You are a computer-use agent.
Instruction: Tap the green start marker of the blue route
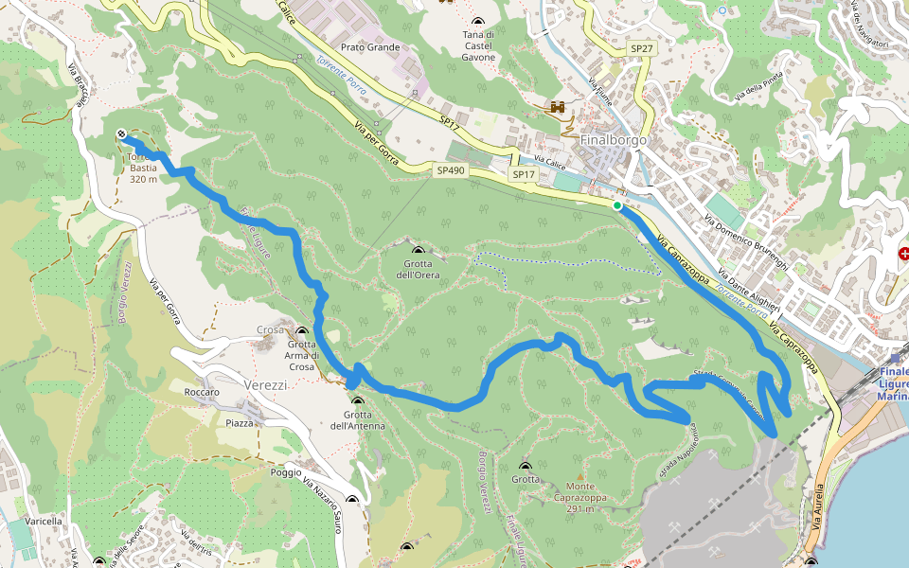[x=617, y=205]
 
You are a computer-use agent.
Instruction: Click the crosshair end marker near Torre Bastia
[x=122, y=133]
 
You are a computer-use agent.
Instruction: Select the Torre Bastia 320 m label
[x=143, y=168]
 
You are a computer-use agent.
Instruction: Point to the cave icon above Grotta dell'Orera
[x=418, y=251]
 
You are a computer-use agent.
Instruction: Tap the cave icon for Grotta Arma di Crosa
[x=302, y=333]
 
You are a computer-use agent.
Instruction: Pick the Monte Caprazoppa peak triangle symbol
[x=580, y=476]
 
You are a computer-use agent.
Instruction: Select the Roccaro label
[x=203, y=392]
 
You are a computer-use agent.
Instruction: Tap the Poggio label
[x=285, y=471]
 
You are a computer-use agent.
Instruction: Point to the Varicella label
[x=44, y=521]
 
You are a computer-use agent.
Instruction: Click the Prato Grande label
[x=370, y=47]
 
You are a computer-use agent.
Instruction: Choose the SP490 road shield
[x=450, y=171]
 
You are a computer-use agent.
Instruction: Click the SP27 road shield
[x=641, y=47]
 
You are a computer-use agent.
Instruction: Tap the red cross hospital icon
[x=903, y=254]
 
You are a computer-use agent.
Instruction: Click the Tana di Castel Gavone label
[x=478, y=45]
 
